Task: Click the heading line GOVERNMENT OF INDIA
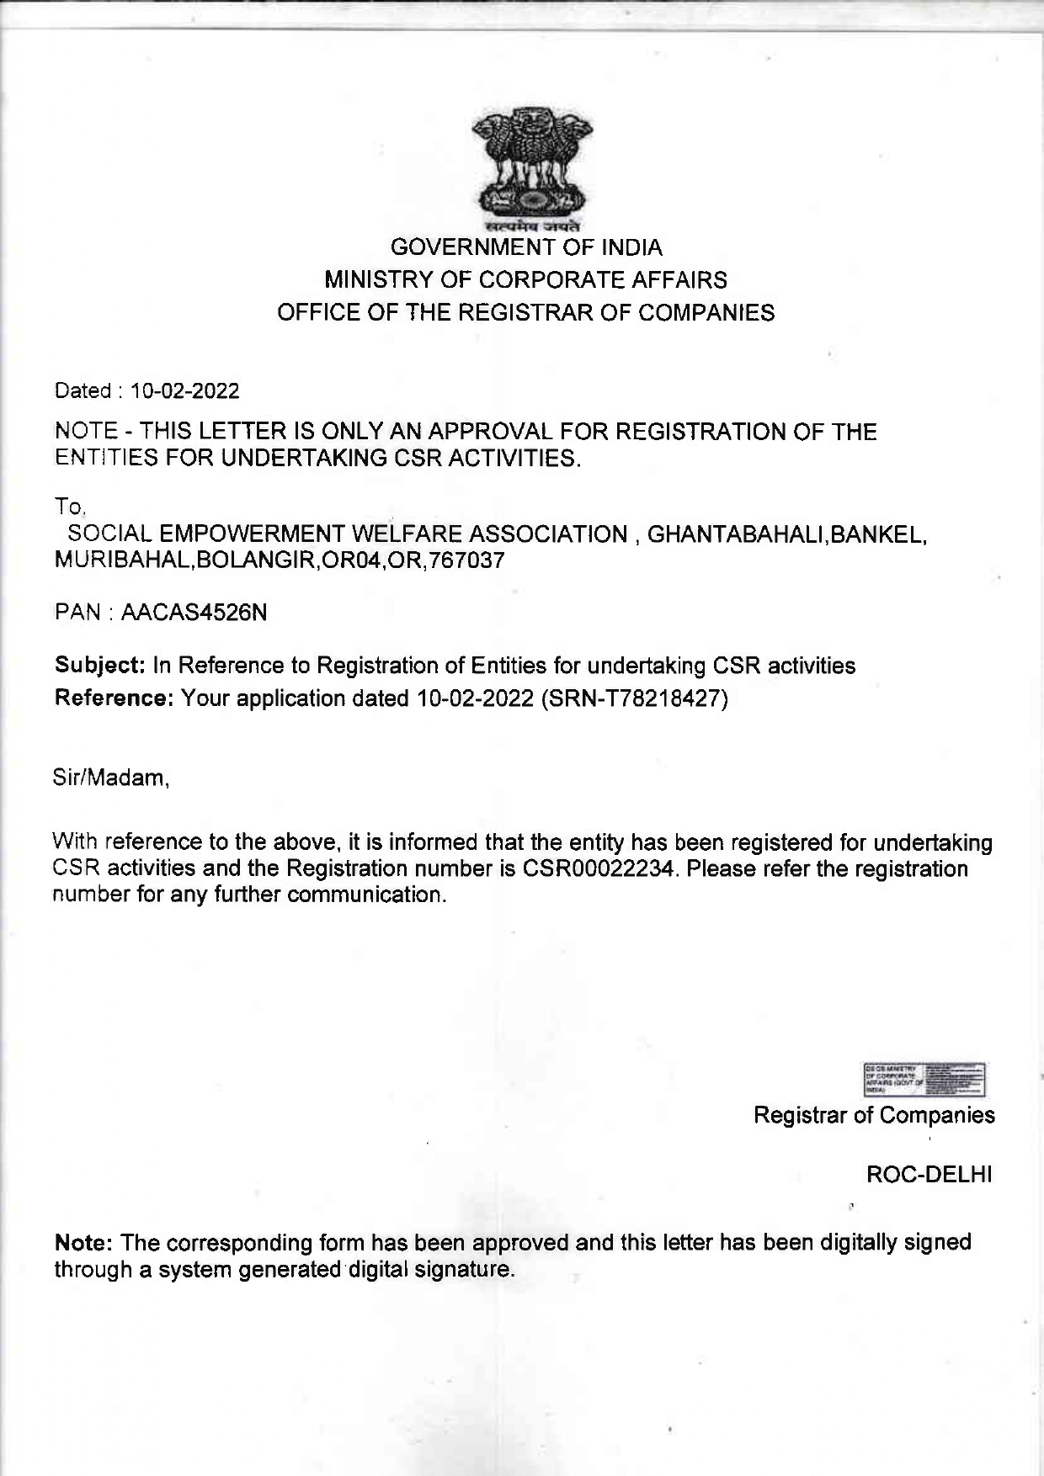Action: tap(527, 247)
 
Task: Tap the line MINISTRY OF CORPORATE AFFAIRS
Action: tap(527, 279)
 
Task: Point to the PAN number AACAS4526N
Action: tap(194, 613)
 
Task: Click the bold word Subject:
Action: tap(101, 666)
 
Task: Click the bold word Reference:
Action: tap(114, 698)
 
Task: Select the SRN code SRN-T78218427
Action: tap(631, 698)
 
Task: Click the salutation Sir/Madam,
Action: tap(112, 778)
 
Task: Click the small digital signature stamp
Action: tap(924, 1079)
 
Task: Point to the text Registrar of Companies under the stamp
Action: tap(874, 1116)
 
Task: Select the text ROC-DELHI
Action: tap(929, 1175)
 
